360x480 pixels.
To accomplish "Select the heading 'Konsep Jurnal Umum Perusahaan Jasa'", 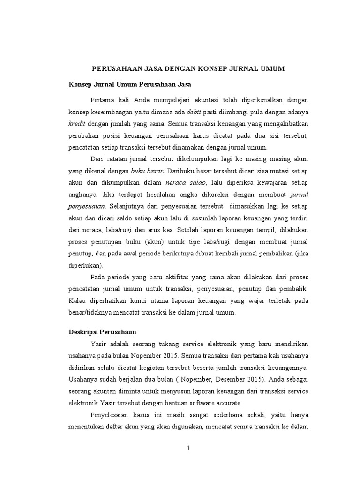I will pyautogui.click(x=123, y=85).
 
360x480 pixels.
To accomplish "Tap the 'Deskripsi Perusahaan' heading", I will pyautogui.click(x=99, y=331).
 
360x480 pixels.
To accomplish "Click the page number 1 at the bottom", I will pyautogui.click(x=188, y=448).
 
